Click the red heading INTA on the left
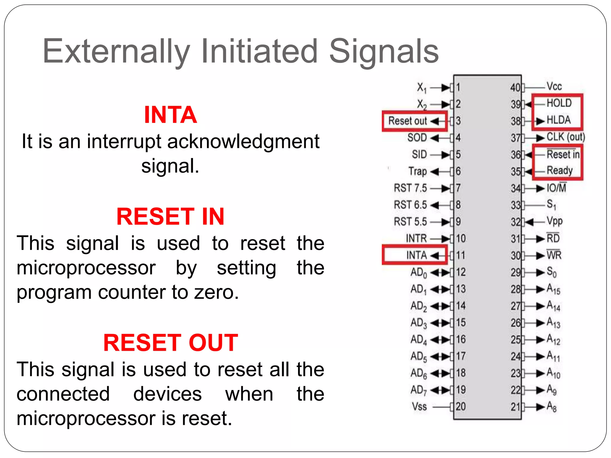tap(170, 115)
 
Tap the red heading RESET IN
tap(170, 217)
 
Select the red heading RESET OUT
tap(170, 343)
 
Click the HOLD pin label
tap(559, 103)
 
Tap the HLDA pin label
tap(558, 120)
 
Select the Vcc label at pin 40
tap(554, 86)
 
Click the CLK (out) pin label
tap(566, 137)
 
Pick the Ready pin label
tap(559, 170)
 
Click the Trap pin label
tap(417, 171)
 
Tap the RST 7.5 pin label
tap(410, 188)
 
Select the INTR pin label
tap(416, 239)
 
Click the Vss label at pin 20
tap(419, 406)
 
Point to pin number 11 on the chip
tap(460, 255)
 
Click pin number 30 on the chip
tap(516, 256)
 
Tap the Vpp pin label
tap(554, 221)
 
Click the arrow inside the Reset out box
tap(435, 121)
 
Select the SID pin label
tap(419, 154)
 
